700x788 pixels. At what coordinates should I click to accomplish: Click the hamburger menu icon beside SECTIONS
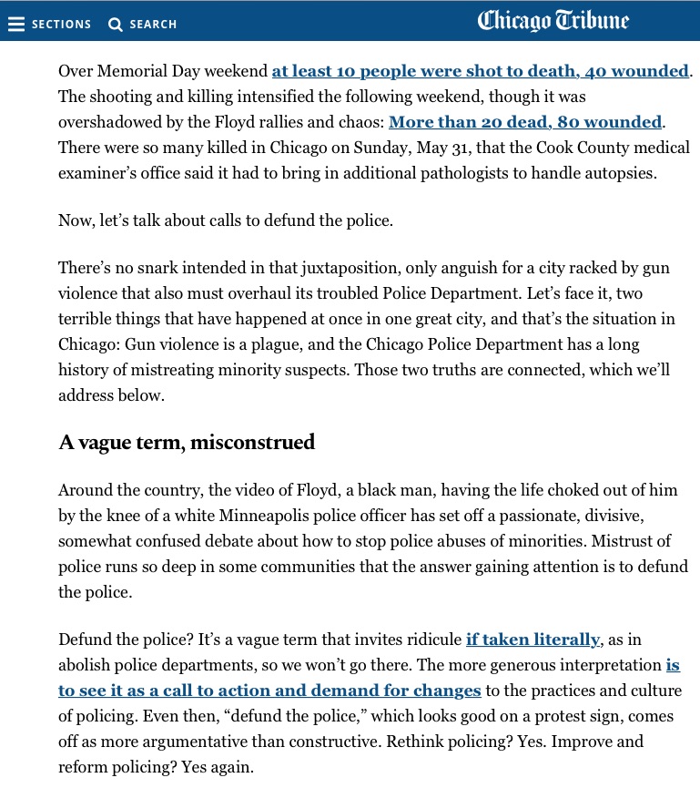coord(16,25)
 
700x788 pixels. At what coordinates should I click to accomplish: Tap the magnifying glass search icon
coord(116,25)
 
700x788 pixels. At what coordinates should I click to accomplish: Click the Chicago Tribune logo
coord(553,21)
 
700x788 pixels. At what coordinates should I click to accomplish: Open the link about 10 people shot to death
coord(480,71)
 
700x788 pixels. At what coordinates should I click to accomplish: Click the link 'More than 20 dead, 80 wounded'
coord(525,122)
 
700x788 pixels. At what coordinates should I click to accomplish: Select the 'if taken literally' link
coord(533,640)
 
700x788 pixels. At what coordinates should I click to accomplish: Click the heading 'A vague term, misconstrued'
coord(187,443)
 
